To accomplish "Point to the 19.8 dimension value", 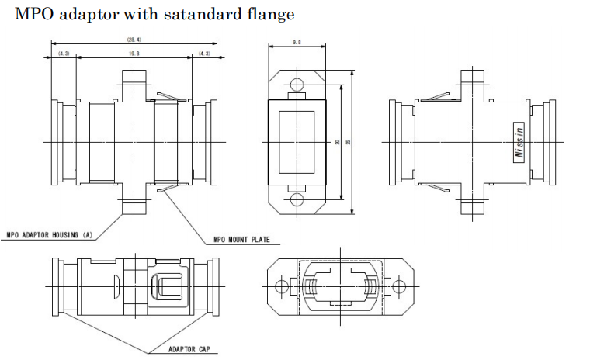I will tap(134, 53).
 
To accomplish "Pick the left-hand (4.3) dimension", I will tap(64, 53).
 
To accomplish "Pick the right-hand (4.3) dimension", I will tap(204, 53).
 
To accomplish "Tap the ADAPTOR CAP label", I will tap(190, 349).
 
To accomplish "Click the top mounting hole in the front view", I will tap(297, 84).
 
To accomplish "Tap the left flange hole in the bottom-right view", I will tap(281, 286).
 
